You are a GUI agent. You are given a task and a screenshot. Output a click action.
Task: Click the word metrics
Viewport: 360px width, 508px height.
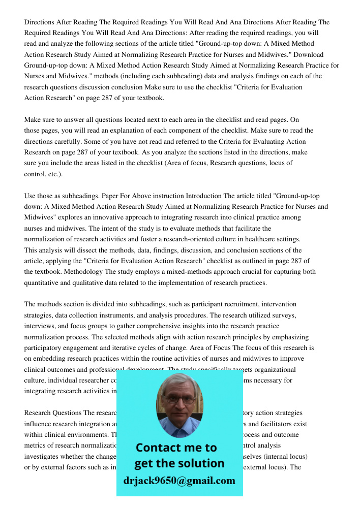click(35, 446)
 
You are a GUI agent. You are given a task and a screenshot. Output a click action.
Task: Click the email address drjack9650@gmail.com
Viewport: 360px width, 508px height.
click(179, 481)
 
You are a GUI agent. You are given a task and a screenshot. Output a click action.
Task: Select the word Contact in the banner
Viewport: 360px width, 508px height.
click(162, 448)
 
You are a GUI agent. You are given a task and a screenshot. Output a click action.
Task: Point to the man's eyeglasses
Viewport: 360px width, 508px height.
click(179, 399)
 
